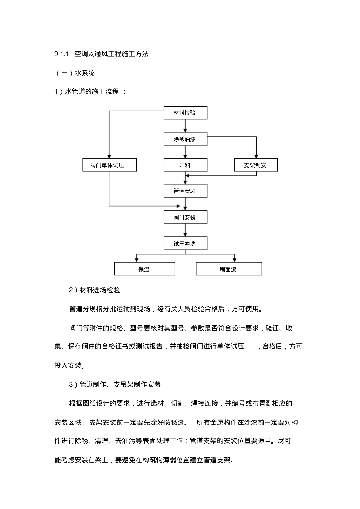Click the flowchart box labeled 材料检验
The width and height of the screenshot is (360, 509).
185,113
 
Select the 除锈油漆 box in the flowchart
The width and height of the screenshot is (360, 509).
185,139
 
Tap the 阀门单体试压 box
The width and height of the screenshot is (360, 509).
109,165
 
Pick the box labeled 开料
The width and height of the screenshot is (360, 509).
185,165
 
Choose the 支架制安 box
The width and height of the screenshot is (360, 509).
256,165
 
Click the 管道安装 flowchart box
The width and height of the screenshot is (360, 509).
185,191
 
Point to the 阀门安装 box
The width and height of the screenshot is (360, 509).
185,217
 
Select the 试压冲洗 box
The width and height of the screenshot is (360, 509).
185,243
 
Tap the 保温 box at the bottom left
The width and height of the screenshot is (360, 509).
144,269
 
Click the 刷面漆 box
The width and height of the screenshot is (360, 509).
228,269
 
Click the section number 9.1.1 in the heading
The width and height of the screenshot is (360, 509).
61,54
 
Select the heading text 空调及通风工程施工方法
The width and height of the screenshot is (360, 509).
111,54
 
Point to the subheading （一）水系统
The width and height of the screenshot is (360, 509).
75,73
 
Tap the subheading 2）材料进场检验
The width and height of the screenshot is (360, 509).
94,290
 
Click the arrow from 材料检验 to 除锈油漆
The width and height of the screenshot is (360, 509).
185,126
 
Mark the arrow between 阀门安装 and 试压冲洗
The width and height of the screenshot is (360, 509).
185,230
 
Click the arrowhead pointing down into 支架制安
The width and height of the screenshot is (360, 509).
256,156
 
